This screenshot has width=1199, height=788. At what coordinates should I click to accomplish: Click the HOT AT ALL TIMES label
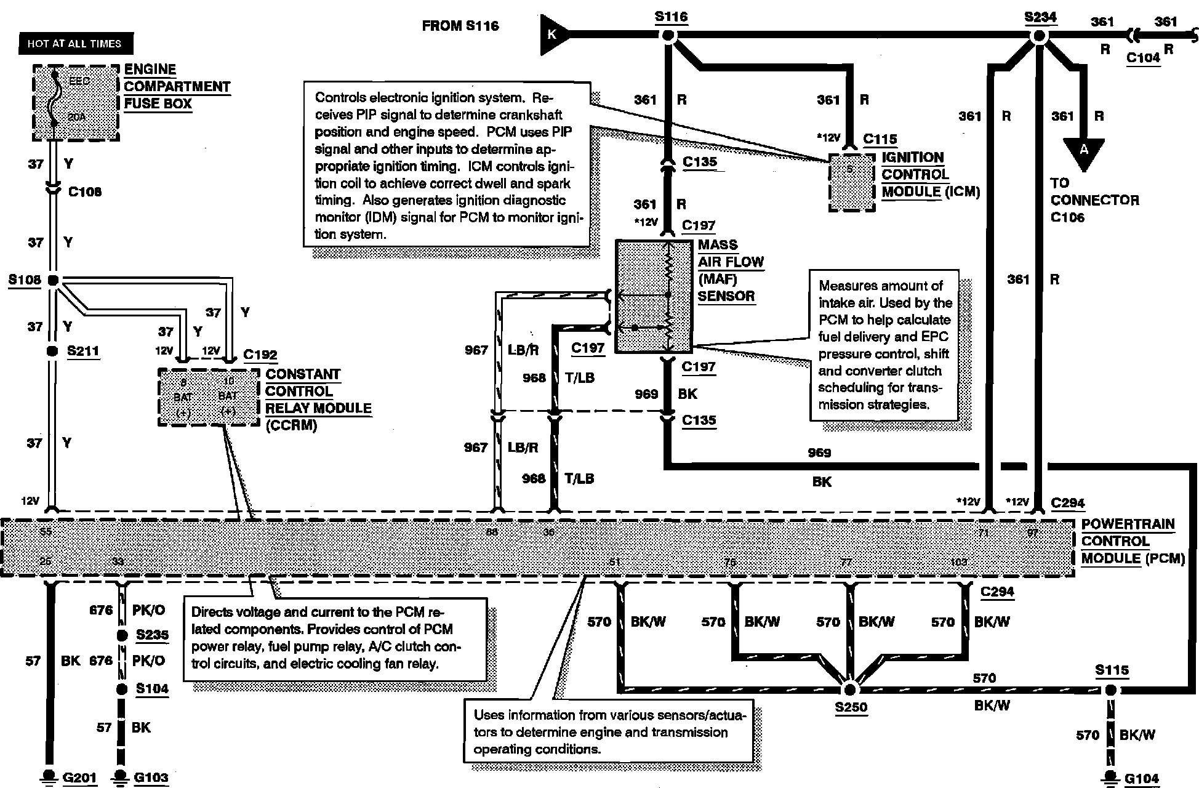(74, 44)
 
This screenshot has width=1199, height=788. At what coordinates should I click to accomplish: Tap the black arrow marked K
(552, 34)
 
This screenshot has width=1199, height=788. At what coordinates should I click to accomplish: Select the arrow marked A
(1084, 151)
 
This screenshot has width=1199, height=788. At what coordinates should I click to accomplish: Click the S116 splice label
(671, 17)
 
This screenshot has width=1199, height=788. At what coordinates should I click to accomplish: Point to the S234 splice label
(1040, 17)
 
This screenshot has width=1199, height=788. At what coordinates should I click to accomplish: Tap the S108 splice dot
(54, 280)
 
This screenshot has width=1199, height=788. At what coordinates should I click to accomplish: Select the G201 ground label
(80, 778)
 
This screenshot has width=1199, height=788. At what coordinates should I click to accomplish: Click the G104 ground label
(1141, 779)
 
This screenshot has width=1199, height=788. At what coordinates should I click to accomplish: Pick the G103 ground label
(151, 778)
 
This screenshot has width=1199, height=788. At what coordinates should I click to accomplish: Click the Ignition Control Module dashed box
(852, 182)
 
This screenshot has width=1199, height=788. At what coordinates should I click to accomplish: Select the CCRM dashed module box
(208, 397)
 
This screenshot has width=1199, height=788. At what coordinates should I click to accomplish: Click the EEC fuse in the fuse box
(55, 98)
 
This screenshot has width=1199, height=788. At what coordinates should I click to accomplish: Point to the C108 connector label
(85, 191)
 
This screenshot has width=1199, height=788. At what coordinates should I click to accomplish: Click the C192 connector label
(260, 355)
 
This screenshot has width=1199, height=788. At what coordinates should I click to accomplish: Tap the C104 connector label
(1143, 58)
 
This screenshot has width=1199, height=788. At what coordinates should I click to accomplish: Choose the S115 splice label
(1112, 670)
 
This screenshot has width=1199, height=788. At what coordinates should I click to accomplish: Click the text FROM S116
(460, 26)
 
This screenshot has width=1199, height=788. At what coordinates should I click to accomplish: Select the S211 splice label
(83, 351)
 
